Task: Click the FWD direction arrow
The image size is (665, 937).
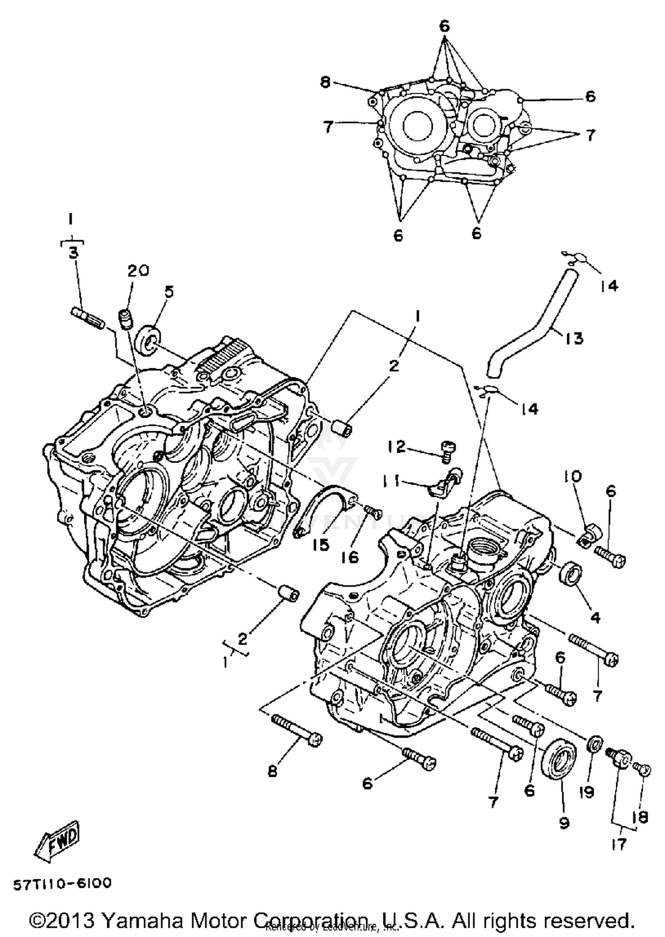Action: tap(57, 843)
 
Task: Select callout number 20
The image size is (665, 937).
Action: tap(138, 270)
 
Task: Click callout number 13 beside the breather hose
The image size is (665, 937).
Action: tap(574, 338)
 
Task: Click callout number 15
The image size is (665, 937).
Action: tap(321, 545)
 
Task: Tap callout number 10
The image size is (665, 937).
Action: tap(572, 477)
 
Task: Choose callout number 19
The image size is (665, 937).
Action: tap(587, 792)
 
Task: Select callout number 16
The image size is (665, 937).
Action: tap(350, 557)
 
